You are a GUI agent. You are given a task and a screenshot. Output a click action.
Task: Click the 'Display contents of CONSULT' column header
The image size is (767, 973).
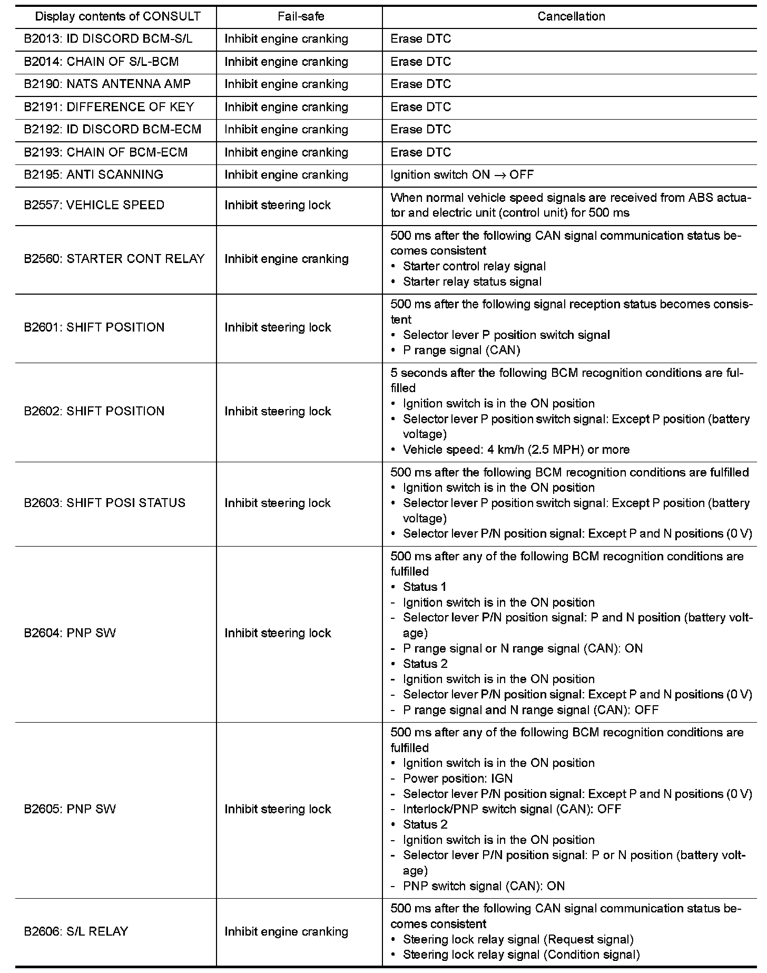pos(117,16)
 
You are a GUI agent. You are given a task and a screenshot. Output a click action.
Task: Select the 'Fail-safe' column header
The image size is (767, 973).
pos(301,16)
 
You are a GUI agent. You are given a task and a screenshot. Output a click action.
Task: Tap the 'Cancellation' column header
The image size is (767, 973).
pos(571,16)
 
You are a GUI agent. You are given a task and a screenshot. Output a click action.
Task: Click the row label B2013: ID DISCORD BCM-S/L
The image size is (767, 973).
pos(108,39)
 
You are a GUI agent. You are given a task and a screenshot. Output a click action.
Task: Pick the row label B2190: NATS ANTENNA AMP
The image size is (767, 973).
pos(107,84)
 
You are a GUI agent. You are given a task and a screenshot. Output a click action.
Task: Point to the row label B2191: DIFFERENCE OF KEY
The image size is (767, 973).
pos(109,107)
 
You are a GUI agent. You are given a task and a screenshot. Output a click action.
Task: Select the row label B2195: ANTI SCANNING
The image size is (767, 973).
pos(94,175)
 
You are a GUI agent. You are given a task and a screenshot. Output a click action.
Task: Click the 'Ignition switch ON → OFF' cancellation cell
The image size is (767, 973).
pos(462,175)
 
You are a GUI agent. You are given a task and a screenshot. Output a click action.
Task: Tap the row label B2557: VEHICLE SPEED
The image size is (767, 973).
pos(94,205)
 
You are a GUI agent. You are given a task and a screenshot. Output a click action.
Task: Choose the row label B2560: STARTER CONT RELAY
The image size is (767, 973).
pos(114,259)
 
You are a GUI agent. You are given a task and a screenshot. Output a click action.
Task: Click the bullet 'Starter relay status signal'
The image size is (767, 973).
pos(472,281)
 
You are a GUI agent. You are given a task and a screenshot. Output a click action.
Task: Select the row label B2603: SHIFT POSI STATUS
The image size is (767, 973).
pos(105,503)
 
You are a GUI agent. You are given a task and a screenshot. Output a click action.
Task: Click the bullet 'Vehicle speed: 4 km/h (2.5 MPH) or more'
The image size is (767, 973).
pos(516,450)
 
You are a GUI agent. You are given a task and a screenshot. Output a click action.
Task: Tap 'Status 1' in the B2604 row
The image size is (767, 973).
pos(425,587)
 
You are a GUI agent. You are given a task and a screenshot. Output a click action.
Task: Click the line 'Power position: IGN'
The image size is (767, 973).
pos(457,779)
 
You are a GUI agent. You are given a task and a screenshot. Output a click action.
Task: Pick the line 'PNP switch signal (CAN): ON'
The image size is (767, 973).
pos(484,886)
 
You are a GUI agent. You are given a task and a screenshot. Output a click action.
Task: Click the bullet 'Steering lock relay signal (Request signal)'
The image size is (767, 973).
pos(518,939)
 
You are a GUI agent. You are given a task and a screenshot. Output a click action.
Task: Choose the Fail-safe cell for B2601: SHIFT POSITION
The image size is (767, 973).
pos(278,327)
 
